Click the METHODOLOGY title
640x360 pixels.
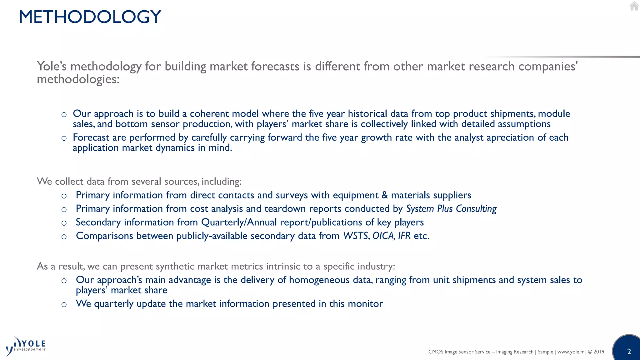click(x=90, y=17)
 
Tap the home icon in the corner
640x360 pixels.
click(x=634, y=6)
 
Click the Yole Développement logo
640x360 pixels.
click(x=26, y=346)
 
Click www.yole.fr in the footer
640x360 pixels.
click(x=570, y=352)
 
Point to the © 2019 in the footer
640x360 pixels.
click(x=596, y=352)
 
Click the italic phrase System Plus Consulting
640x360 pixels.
click(x=451, y=208)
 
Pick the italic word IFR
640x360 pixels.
click(x=404, y=236)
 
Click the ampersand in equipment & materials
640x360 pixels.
click(x=385, y=195)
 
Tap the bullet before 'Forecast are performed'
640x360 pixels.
click(x=64, y=138)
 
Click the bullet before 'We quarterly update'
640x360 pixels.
click(x=64, y=304)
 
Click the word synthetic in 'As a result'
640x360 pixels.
click(x=175, y=266)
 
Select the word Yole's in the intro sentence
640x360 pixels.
click(x=52, y=66)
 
